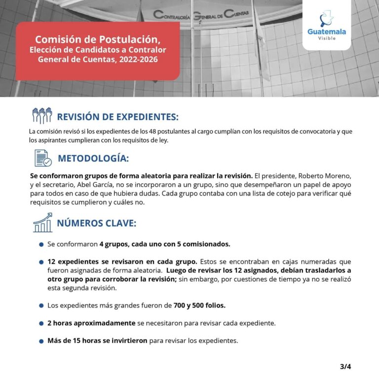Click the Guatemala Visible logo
[x=326, y=27]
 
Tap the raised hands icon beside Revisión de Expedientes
[x=42, y=116]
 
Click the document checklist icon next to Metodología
[x=43, y=158]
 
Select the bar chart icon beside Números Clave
[x=42, y=223]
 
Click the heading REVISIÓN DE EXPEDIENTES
[x=117, y=117]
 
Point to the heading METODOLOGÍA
[x=93, y=158]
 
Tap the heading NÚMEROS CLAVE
[x=96, y=223]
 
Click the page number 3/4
[x=345, y=366]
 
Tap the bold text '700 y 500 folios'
[x=199, y=305]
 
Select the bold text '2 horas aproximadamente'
[x=91, y=323]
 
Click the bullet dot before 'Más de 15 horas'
[x=41, y=341]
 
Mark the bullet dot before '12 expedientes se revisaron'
[x=41, y=262]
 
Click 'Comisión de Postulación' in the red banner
[x=98, y=39]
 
